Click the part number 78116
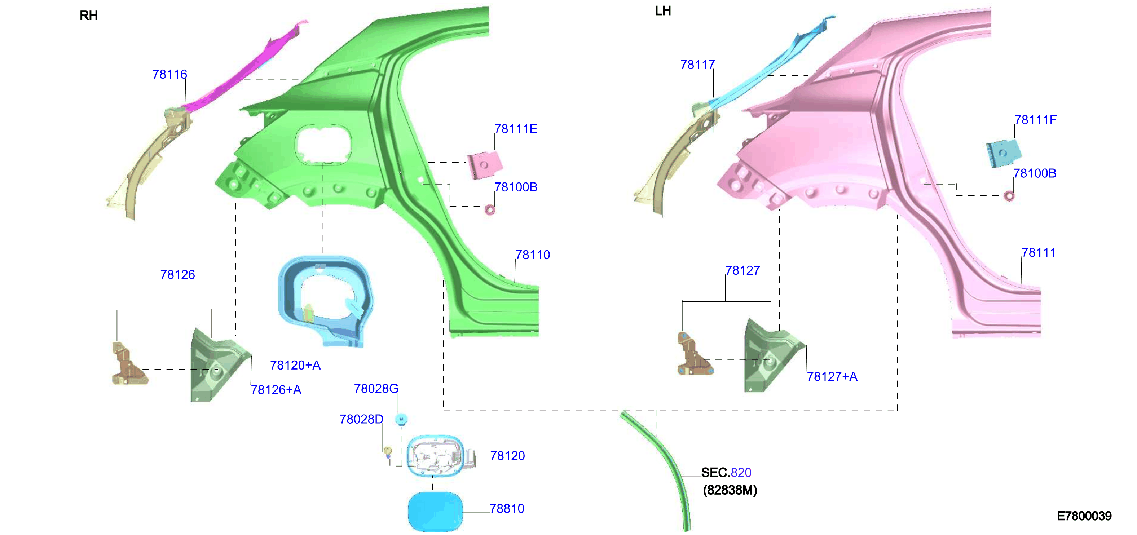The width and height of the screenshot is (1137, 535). point(169,74)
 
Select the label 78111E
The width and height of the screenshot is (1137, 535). point(516,129)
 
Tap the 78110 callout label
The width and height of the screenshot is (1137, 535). point(533,255)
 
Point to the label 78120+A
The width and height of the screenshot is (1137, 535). point(295,365)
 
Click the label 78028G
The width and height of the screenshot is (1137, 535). point(376,388)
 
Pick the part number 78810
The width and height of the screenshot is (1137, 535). point(507,509)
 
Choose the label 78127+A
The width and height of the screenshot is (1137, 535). point(832,376)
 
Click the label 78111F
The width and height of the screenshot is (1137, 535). point(1035,120)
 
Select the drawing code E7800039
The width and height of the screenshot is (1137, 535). point(1084,516)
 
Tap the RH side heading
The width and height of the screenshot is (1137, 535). point(89,16)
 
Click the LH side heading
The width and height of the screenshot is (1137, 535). point(662,10)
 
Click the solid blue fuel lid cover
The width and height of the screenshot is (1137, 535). point(435,512)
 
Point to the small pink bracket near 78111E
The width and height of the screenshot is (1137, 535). point(485,165)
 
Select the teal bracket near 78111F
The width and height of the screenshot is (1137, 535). point(1003,153)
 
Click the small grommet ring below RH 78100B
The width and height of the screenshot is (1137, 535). point(489,210)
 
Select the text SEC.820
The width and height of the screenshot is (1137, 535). point(726,472)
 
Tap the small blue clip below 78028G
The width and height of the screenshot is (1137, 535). point(401,419)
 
